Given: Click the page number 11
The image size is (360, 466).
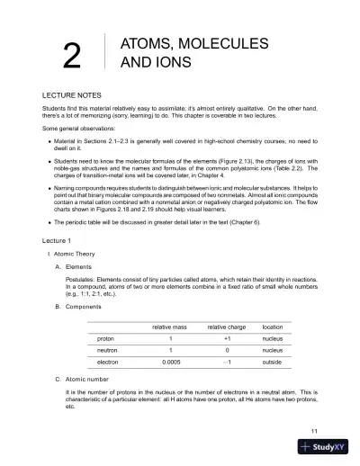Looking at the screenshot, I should (x=313, y=432).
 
